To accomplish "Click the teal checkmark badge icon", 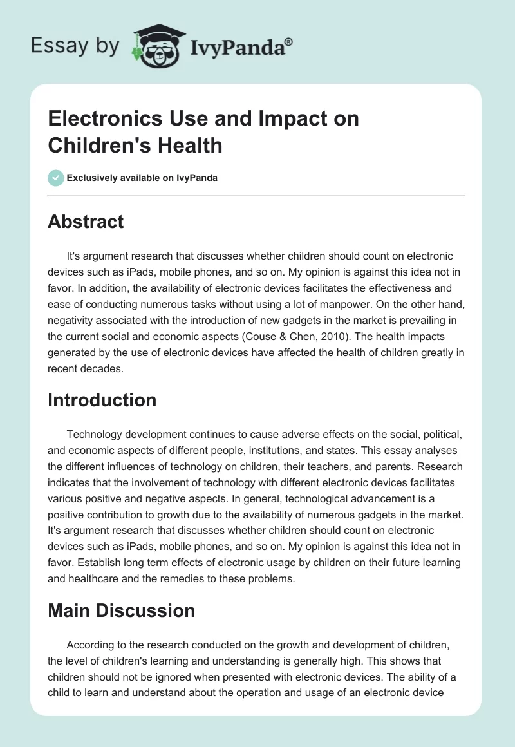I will coord(55,178).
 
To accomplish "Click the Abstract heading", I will coord(86,222).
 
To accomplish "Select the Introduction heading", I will coord(102,400).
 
